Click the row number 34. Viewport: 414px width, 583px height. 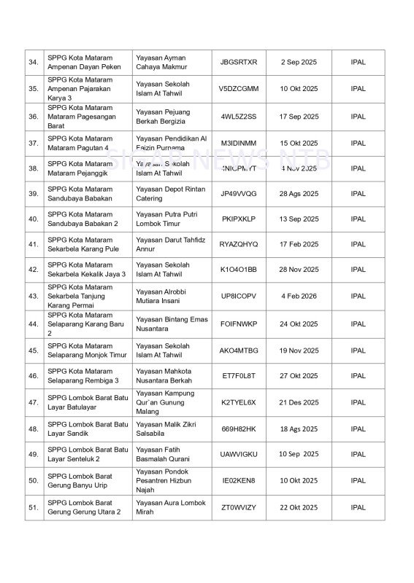[x=34, y=63]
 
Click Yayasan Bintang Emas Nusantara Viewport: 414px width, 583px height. [x=172, y=324]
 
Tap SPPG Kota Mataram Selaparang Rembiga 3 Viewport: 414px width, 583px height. [x=84, y=376]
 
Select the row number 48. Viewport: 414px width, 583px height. [x=34, y=429]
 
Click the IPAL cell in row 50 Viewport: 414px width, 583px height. [x=358, y=481]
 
